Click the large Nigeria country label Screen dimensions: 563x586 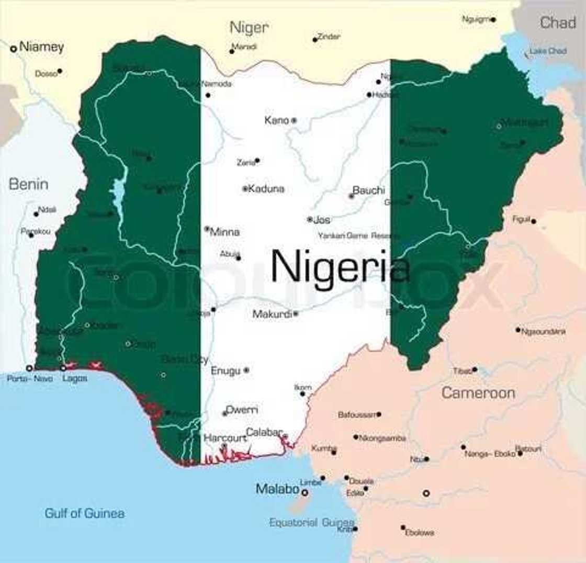(x=340, y=267)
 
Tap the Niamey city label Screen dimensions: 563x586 (x=41, y=47)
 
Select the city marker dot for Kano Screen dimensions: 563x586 (x=294, y=120)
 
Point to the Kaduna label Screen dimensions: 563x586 (x=266, y=189)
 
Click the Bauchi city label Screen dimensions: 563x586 (x=368, y=190)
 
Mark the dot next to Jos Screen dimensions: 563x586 (x=310, y=220)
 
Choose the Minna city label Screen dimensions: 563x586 (x=224, y=232)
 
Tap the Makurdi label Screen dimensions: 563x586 (x=272, y=314)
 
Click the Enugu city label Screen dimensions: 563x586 (x=226, y=370)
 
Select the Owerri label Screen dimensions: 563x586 (x=242, y=410)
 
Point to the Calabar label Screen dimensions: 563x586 (x=264, y=432)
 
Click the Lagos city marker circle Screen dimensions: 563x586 (x=63, y=368)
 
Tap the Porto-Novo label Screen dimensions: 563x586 (x=30, y=379)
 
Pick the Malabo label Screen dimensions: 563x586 (x=277, y=490)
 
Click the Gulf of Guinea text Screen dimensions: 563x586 (x=84, y=513)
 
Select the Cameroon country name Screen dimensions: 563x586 (x=478, y=393)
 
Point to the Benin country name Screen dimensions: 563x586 (x=28, y=184)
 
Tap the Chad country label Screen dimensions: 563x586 (x=557, y=22)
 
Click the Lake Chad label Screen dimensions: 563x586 (x=548, y=51)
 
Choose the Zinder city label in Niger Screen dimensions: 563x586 (x=329, y=37)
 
